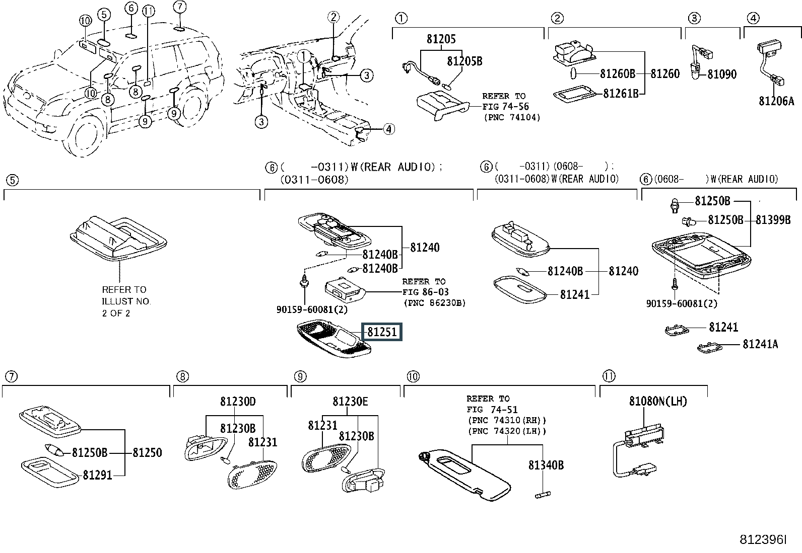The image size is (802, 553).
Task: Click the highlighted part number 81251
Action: point(382,332)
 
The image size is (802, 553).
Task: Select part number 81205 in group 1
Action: point(441,39)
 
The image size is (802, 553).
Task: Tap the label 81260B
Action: point(617,73)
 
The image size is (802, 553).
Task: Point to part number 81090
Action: point(722,74)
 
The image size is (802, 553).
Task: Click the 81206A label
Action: point(776,101)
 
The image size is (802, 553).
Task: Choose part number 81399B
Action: point(773,219)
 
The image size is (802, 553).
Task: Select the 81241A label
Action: point(760,344)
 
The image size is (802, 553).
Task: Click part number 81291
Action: point(97,475)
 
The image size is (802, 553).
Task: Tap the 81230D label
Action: point(238,402)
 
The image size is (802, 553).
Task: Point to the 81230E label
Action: point(350,402)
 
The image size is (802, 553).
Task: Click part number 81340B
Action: point(546,465)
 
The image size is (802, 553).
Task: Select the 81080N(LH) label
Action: point(658,402)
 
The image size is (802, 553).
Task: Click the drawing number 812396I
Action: point(763,540)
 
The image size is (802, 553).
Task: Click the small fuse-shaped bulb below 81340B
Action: point(543,494)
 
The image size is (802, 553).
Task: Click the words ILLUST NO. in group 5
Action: point(126,301)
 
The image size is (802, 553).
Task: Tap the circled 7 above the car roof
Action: point(179,7)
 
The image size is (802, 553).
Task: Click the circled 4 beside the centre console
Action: point(389,129)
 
